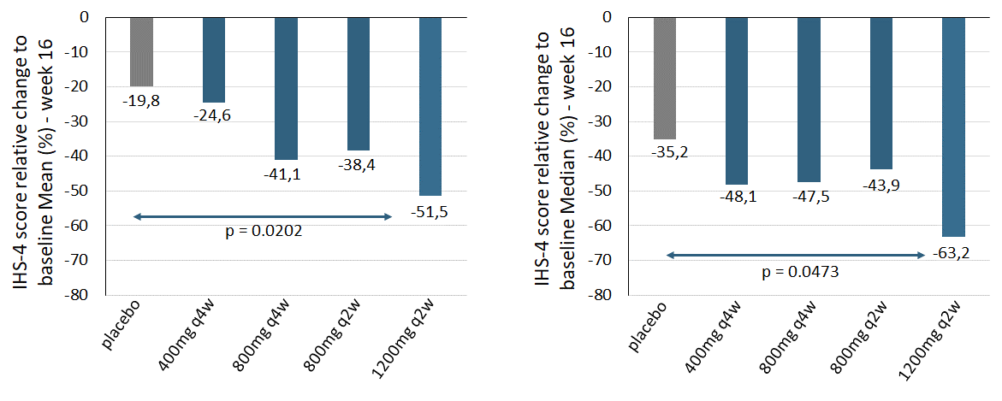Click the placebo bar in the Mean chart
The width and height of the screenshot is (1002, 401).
point(141,51)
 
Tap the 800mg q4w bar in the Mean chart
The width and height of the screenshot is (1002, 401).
point(286,88)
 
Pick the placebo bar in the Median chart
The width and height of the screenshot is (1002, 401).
point(664,78)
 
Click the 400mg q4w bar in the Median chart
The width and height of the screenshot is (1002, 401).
point(737,100)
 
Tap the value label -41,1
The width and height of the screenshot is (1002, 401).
point(285,174)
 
